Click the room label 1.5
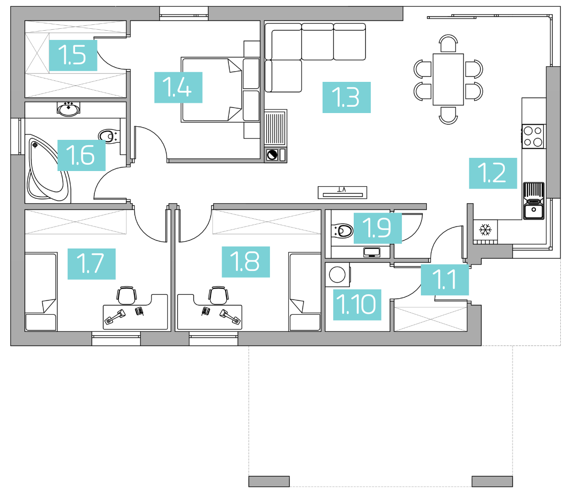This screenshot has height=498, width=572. click(73, 56)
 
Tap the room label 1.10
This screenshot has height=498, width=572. click(357, 305)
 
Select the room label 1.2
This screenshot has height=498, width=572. click(493, 173)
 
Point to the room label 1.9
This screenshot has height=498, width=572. click(378, 228)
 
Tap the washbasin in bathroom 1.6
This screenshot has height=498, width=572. click(69, 108)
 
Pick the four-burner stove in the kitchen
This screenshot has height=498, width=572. click(533, 136)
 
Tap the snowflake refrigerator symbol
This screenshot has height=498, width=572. click(485, 230)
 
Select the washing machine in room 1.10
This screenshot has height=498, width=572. click(338, 274)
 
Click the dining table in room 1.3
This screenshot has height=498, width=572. click(448, 79)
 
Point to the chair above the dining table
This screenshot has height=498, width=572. click(448, 43)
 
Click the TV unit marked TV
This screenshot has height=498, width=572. click(342, 192)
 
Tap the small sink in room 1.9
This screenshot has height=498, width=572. click(372, 252)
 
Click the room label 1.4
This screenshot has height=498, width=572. click(178, 88)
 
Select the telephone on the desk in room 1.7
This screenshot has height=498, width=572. click(139, 311)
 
